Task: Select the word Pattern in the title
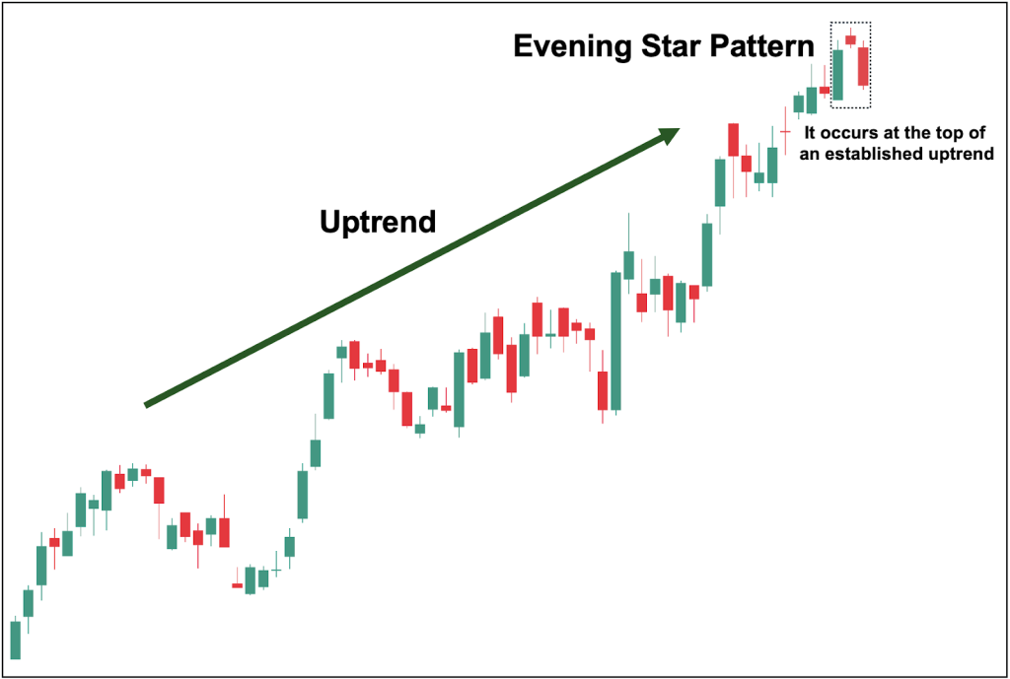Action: [x=765, y=46]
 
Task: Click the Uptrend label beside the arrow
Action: [x=378, y=222]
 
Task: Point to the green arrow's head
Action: [x=671, y=132]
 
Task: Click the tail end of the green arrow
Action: [x=148, y=403]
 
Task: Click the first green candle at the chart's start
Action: [x=15, y=639]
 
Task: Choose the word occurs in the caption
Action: [x=846, y=131]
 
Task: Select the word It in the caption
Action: [x=812, y=131]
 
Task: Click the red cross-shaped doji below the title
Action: [x=785, y=130]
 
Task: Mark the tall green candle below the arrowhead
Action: [x=720, y=182]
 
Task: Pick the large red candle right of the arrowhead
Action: [x=733, y=139]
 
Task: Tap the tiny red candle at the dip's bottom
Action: [x=237, y=585]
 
